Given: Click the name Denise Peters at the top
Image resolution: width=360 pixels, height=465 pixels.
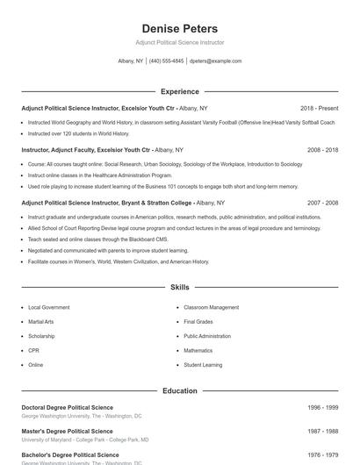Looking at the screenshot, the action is click(x=179, y=29).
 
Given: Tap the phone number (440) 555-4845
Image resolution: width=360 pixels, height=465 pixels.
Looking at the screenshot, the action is click(x=166, y=61).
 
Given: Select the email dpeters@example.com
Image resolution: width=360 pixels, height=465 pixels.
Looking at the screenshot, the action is click(x=215, y=61).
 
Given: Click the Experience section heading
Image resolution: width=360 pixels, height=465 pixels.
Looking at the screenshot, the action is click(x=179, y=91).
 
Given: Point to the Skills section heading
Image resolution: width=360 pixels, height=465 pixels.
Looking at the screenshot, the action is click(x=179, y=288).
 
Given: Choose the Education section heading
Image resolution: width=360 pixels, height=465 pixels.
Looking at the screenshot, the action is click(x=179, y=390).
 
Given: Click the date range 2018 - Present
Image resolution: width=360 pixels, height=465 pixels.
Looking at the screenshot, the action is click(x=319, y=108).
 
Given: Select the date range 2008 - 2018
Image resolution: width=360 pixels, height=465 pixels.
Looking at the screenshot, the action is click(x=322, y=150).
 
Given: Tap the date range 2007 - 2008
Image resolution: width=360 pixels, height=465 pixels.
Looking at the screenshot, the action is click(x=322, y=203).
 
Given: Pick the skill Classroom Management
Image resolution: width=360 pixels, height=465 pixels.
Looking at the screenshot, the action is click(x=211, y=308).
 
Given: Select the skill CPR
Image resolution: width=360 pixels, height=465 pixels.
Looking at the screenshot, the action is click(x=33, y=350).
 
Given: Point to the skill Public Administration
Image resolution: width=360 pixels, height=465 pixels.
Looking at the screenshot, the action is click(x=207, y=336).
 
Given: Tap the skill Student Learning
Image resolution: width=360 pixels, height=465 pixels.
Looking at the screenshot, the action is click(x=203, y=364).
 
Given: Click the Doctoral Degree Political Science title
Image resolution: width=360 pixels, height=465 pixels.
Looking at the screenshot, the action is click(x=68, y=408).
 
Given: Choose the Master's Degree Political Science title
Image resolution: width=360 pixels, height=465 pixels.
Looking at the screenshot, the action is click(x=68, y=432).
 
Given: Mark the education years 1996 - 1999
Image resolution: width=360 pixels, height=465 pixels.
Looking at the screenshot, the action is click(x=322, y=408).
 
